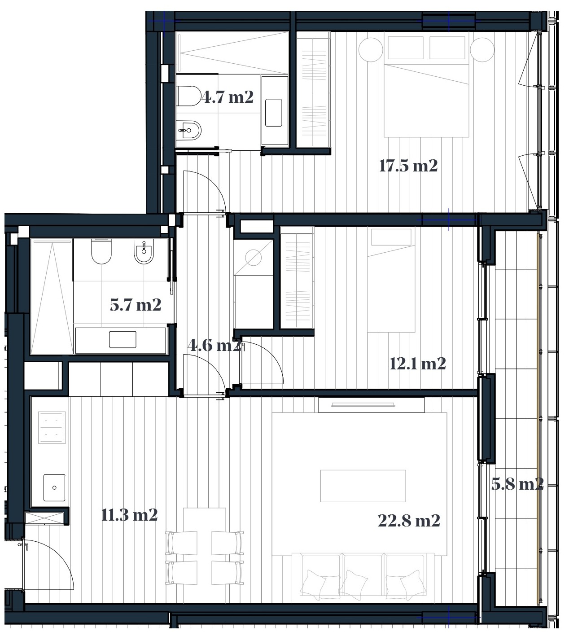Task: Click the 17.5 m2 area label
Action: coord(408,166)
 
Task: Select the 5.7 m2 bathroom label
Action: coord(136,304)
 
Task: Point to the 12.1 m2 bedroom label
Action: coord(417,364)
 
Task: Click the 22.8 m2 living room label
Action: coord(409,521)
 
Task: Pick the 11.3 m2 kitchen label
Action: coord(129,515)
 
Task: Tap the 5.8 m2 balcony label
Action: coord(517,484)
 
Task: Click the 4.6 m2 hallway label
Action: coord(214,345)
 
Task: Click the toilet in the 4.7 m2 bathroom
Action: coord(189,96)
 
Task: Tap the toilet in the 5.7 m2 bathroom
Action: coord(101,251)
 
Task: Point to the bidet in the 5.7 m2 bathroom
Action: coord(144,251)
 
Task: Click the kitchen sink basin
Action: coord(54,487)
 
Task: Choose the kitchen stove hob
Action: coord(52,428)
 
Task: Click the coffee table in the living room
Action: coord(363,486)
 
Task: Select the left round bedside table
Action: coord(371,50)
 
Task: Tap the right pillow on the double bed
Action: coord(447,48)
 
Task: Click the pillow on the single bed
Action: coord(391,237)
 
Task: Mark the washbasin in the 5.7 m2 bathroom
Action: coord(123,340)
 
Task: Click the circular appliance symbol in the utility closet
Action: coord(253,258)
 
